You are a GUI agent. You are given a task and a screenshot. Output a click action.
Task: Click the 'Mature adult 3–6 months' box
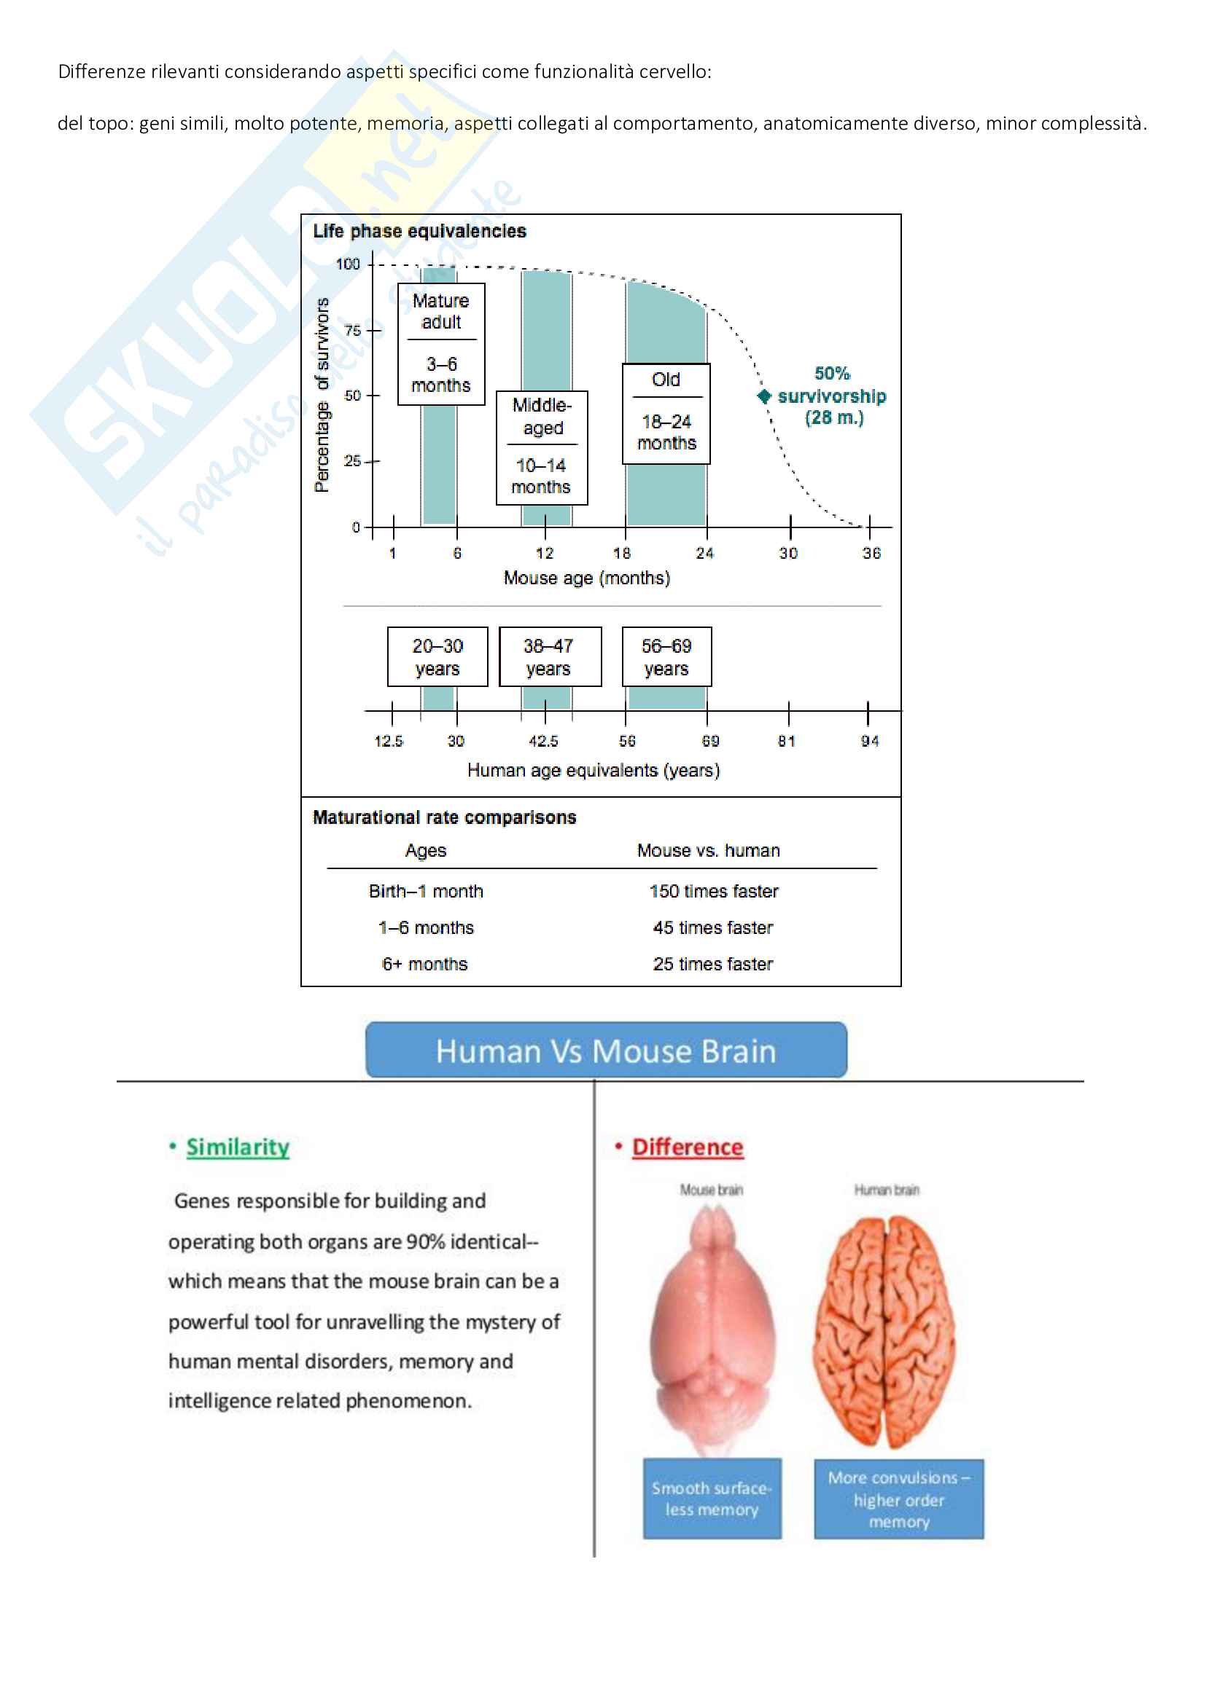(x=441, y=344)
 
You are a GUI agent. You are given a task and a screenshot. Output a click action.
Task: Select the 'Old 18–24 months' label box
(x=666, y=413)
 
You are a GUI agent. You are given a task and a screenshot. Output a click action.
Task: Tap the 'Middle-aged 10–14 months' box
(x=542, y=447)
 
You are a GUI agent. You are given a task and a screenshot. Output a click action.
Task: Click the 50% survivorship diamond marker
(x=764, y=396)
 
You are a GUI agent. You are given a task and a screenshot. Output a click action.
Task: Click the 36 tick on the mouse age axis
(x=869, y=527)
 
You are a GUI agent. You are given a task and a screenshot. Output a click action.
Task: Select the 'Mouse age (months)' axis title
(x=587, y=578)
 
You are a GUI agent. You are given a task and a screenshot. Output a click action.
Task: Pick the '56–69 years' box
(x=666, y=657)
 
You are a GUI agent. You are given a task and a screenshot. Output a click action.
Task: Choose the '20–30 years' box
(x=437, y=657)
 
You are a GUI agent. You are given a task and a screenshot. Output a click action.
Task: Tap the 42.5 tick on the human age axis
(x=545, y=711)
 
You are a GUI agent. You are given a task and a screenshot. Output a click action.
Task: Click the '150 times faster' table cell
(x=714, y=891)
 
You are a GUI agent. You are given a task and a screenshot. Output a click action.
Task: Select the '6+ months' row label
(x=425, y=964)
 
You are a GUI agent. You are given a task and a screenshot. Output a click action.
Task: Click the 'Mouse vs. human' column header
(x=709, y=850)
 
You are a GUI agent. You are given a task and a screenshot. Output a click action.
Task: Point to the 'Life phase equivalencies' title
(x=419, y=232)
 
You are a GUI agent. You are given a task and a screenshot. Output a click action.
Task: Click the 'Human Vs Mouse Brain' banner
(x=606, y=1051)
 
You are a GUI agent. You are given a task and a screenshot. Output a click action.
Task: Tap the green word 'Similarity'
(x=238, y=1147)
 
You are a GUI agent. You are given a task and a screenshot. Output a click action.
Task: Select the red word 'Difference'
(x=688, y=1147)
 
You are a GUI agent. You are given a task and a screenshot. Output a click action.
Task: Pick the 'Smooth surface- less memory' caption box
(x=712, y=1499)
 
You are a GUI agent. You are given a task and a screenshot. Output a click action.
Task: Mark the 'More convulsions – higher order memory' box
(x=898, y=1499)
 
